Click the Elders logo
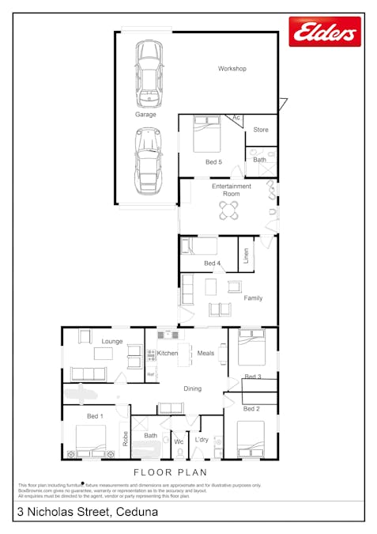click(x=325, y=32)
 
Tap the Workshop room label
click(x=232, y=69)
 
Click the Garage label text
click(x=145, y=114)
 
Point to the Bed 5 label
click(x=213, y=162)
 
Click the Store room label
click(x=261, y=129)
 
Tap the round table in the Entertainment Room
click(x=228, y=210)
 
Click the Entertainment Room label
click(x=232, y=190)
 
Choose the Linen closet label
click(x=246, y=256)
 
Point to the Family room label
click(x=253, y=298)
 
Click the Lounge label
click(x=112, y=341)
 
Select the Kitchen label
click(x=168, y=353)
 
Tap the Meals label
click(x=205, y=353)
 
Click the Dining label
click(x=192, y=388)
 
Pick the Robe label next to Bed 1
click(x=124, y=439)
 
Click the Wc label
click(x=179, y=441)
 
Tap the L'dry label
click(x=202, y=440)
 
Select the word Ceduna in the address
click(x=136, y=513)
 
